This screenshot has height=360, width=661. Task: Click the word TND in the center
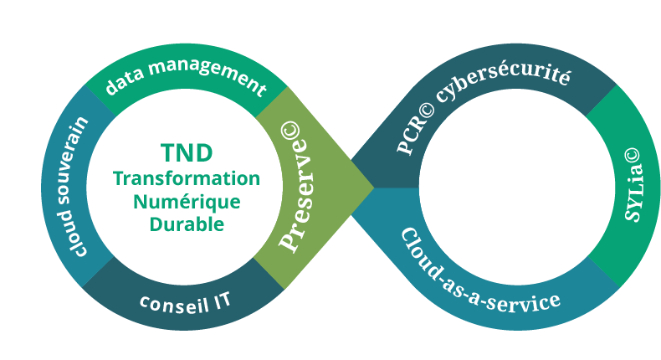coord(187,152)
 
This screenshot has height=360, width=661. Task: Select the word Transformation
coord(187,178)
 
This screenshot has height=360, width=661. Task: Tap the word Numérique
coord(187,201)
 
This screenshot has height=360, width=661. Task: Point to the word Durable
coord(187,224)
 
